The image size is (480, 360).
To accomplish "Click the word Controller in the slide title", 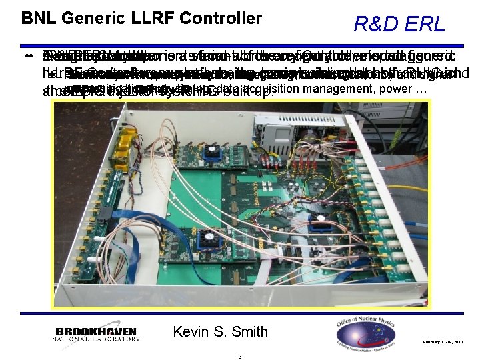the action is pos(221,18).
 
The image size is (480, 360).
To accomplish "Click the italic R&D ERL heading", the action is pos(399,25).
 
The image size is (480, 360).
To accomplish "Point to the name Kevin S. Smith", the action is pos(220,331).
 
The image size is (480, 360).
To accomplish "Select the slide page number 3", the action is pos(239,355).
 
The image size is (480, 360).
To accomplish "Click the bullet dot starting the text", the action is pos(24,56).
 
